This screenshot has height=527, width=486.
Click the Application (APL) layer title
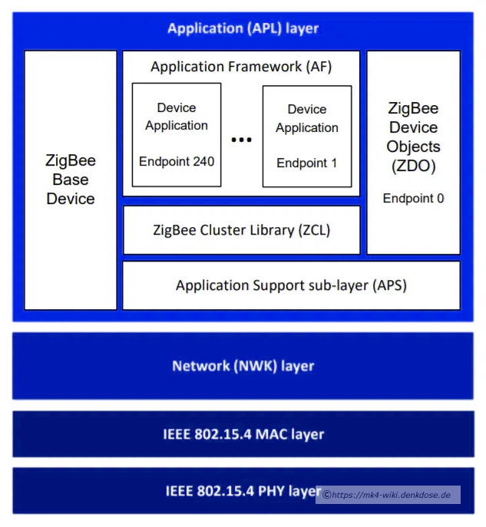pos(243,29)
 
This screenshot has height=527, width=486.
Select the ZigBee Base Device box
pos(71,180)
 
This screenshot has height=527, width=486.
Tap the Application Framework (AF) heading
pos(241,67)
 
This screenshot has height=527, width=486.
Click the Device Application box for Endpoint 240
pos(177,134)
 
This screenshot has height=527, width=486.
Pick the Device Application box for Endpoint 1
pos(307,136)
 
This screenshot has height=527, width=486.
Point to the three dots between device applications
pos(242,140)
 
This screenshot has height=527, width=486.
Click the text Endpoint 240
pos(177,162)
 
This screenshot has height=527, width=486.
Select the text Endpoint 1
pos(307,163)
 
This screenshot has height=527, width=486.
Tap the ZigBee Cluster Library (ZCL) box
pos(241,229)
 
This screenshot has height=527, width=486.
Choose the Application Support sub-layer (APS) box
pos(291,285)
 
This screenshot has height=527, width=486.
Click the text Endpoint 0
pos(414,198)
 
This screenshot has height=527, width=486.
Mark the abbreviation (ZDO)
pos(414,165)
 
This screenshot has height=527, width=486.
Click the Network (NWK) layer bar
pos(243,366)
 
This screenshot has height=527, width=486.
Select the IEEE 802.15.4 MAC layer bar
pos(243,434)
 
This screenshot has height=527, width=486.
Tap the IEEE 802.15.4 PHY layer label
pos(243,491)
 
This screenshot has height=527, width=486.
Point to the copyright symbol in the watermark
pos(326,495)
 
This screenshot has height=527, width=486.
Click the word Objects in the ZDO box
pos(414,146)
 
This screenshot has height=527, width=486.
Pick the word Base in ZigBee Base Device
pos(71,180)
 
